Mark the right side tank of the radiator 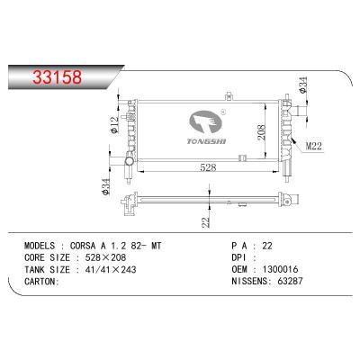click(283, 126)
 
